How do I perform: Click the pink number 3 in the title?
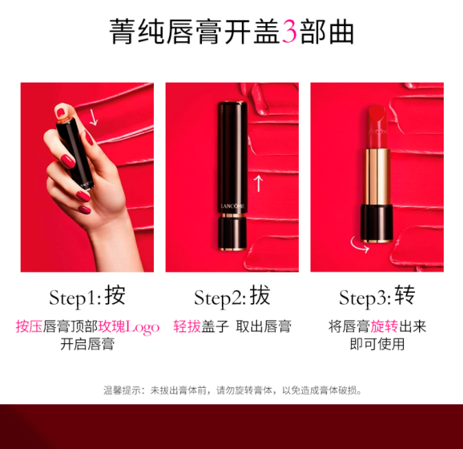coord(289,32)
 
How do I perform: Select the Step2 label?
coord(220,298)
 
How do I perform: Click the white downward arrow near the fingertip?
coord(93,118)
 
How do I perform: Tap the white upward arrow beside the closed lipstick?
coord(258,184)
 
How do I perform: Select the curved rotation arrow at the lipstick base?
coord(359,245)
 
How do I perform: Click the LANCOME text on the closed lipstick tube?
coord(233,206)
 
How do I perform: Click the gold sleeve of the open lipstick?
coord(376,177)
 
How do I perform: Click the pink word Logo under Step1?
coord(143,327)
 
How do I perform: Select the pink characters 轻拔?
coord(187,327)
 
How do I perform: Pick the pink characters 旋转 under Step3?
coord(384,327)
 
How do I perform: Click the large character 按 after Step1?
coord(115,295)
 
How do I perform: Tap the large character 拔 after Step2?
coord(260,295)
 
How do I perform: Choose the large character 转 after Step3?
coord(405,295)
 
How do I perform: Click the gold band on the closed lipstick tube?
coord(233,216)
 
